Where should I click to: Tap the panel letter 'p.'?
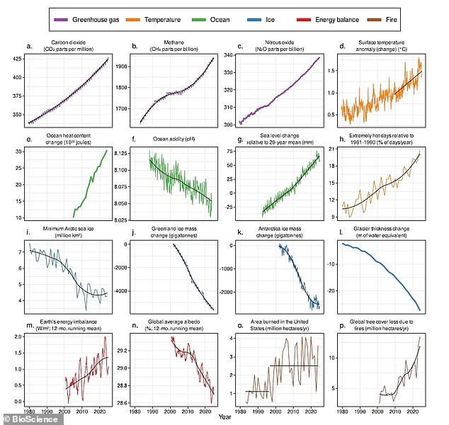point(340,326)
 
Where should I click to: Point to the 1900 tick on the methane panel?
point(120,66)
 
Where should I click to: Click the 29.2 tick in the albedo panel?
point(121,350)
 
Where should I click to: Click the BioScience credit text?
point(33,419)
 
